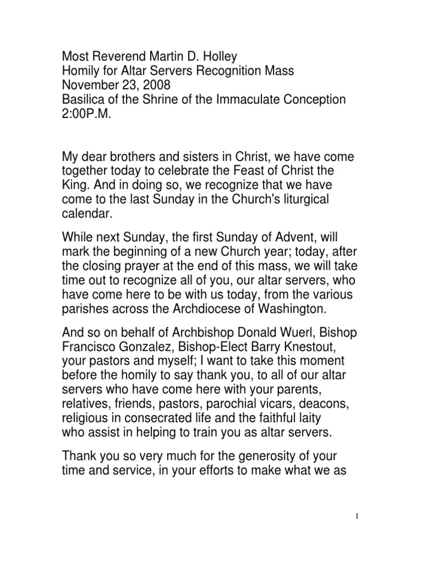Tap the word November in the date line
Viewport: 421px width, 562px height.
point(88,85)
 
